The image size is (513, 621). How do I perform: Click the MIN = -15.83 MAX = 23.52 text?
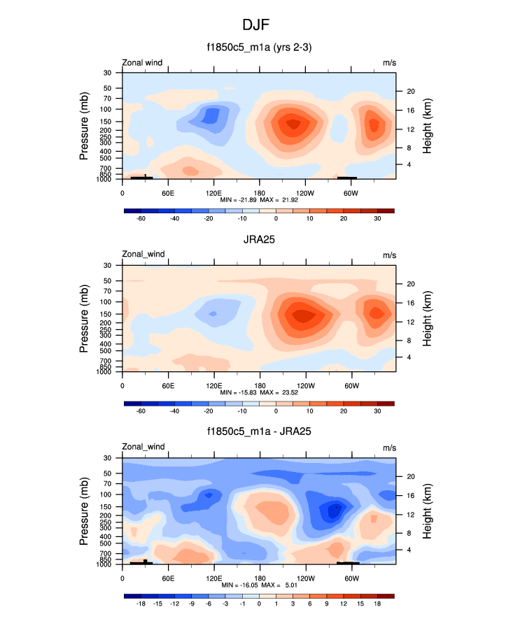[x=259, y=393]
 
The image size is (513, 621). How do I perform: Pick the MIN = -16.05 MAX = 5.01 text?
[x=259, y=585]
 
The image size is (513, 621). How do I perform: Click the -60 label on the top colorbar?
[x=140, y=218]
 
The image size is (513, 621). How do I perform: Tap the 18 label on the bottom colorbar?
[x=377, y=603]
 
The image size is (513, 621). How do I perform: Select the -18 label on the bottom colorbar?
[x=140, y=603]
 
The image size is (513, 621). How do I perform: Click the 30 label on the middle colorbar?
[x=377, y=411]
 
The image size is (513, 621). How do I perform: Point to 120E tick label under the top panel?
[x=213, y=192]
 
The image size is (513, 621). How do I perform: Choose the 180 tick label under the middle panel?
[x=259, y=385]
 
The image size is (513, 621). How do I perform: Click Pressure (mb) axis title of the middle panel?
[x=84, y=319]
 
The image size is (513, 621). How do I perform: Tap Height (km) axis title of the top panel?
[x=426, y=127]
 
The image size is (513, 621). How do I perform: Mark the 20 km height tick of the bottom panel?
[x=410, y=476]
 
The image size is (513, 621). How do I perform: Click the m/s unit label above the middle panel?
[x=389, y=255]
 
